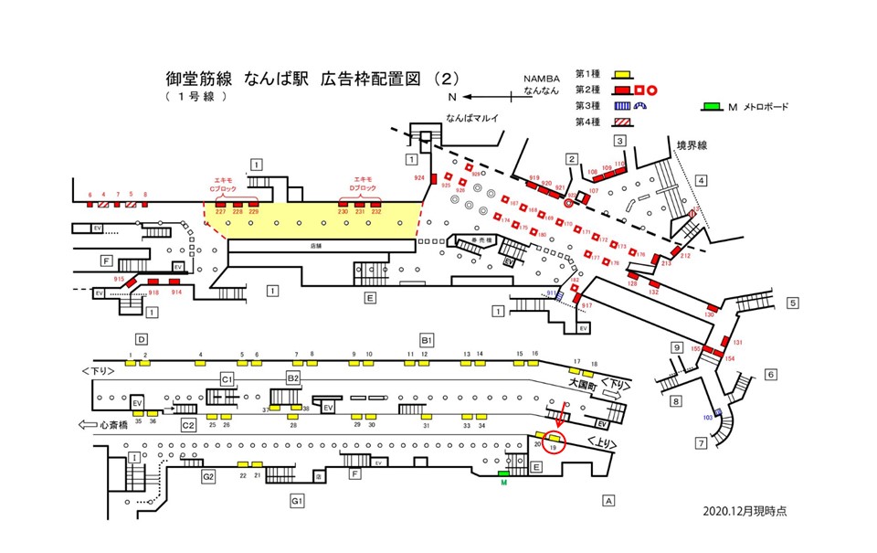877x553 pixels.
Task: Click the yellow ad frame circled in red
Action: tap(554, 439)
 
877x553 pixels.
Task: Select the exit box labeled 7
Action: tap(701, 444)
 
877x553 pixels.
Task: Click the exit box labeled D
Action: tap(142, 338)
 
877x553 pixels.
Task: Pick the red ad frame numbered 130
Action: tap(710, 306)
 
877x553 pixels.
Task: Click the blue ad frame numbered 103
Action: tap(718, 414)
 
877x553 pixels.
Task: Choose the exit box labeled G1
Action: tap(297, 500)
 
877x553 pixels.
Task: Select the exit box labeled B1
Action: tap(426, 340)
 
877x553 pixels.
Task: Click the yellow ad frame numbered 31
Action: tap(425, 415)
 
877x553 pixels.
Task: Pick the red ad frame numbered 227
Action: tap(220, 204)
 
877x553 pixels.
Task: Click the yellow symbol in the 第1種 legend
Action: tap(620, 73)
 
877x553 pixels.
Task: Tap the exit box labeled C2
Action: tap(188, 425)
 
